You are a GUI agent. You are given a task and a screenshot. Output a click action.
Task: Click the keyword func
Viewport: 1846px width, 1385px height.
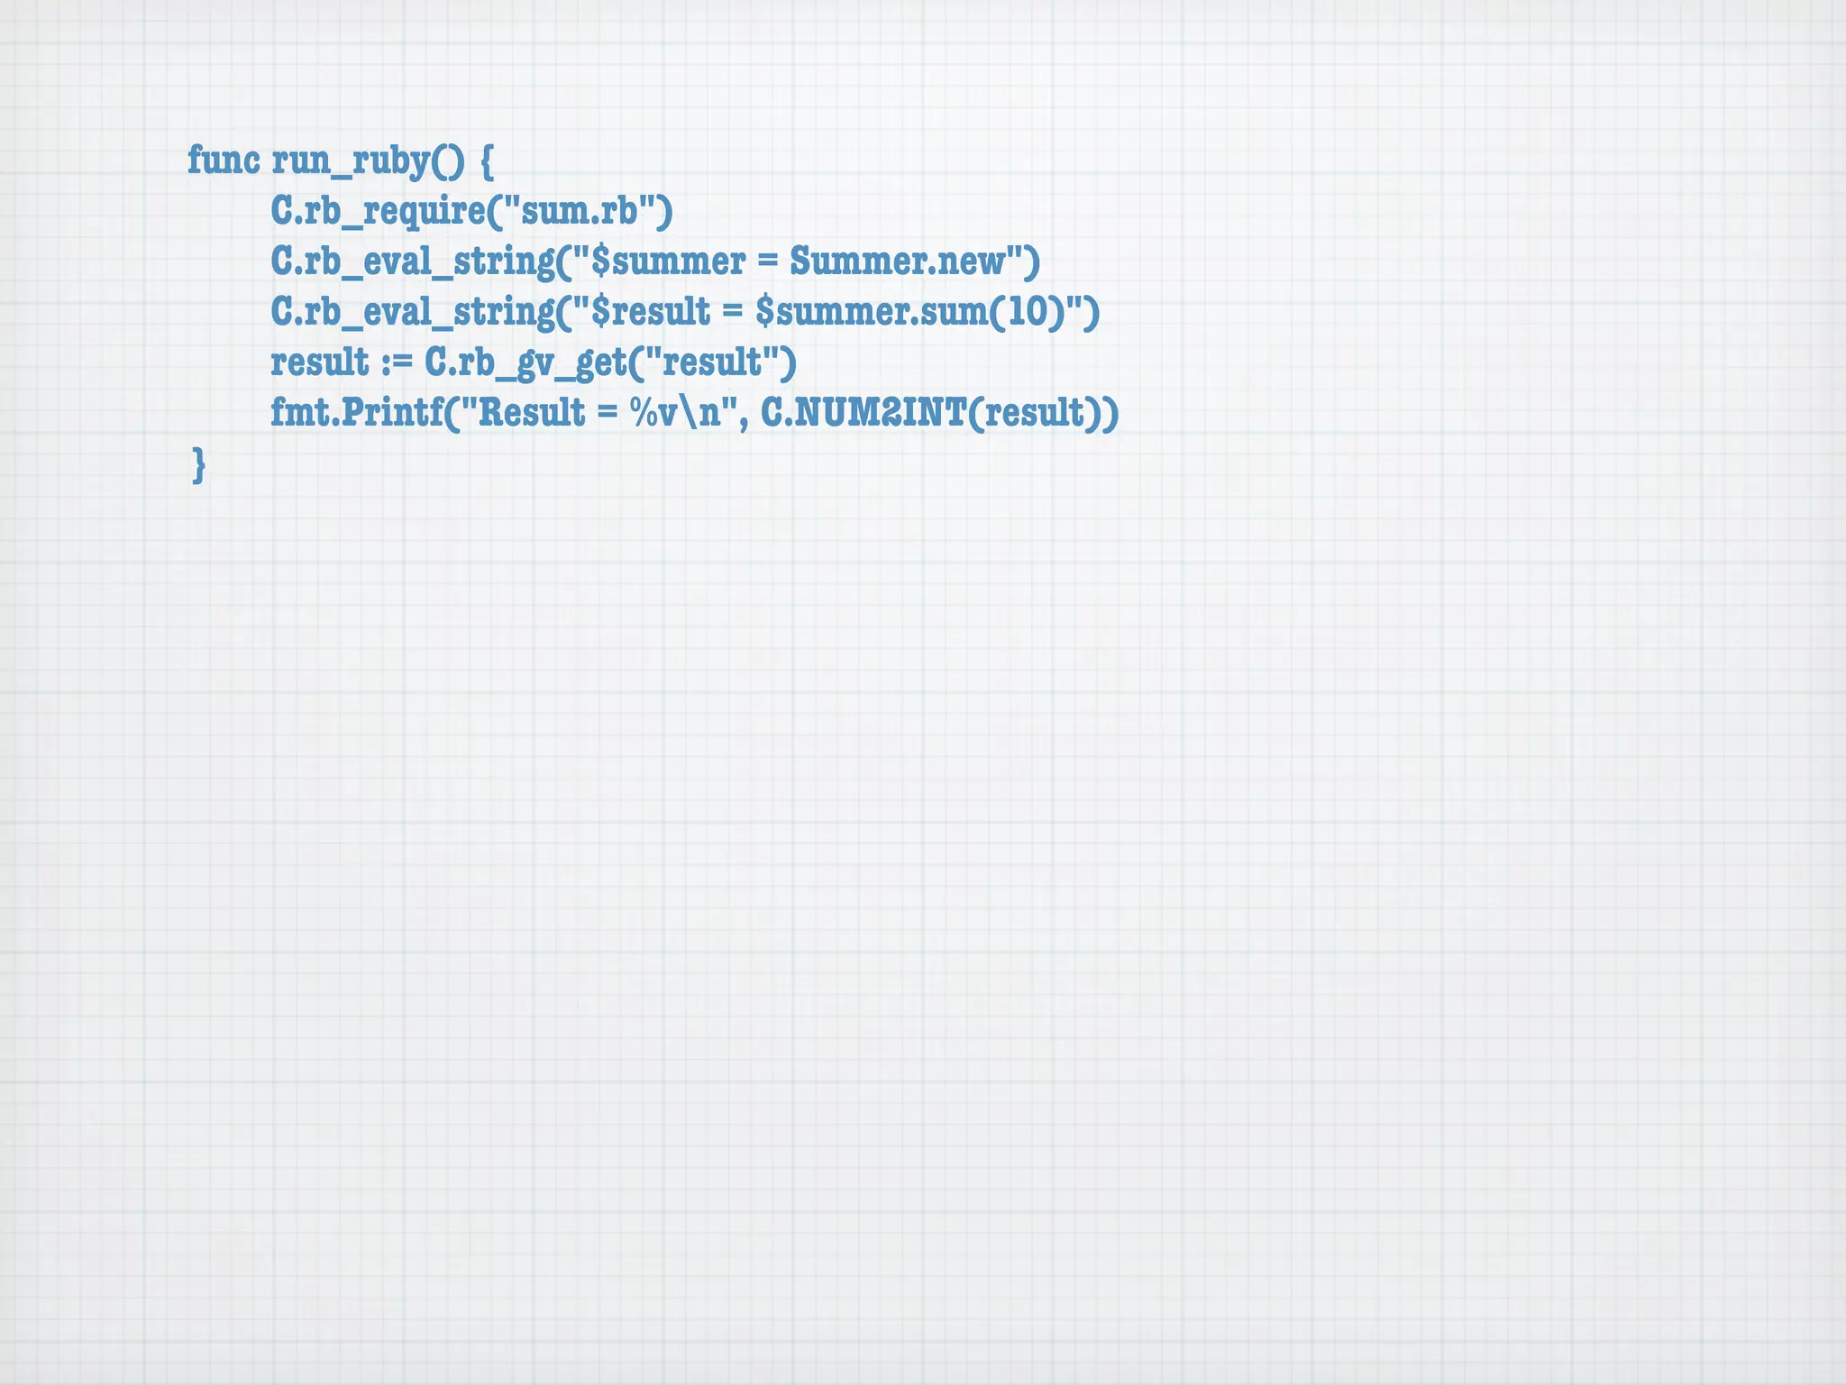224,161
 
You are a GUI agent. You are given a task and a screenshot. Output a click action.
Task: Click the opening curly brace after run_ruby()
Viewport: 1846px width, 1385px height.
485,162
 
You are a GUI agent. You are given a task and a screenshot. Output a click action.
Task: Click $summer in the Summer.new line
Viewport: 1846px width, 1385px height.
667,261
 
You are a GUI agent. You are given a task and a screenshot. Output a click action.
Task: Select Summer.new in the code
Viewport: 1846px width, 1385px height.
898,261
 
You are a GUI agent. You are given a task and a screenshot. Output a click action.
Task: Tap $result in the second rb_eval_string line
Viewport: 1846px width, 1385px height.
651,312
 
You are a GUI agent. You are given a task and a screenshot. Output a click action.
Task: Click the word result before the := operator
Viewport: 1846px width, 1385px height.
320,362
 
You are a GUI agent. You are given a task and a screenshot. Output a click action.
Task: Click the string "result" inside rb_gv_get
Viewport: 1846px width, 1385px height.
712,362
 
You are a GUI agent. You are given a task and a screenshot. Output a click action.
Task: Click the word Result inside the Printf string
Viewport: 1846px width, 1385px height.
531,413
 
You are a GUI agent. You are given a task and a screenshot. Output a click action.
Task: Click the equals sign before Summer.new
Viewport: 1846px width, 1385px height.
767,262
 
